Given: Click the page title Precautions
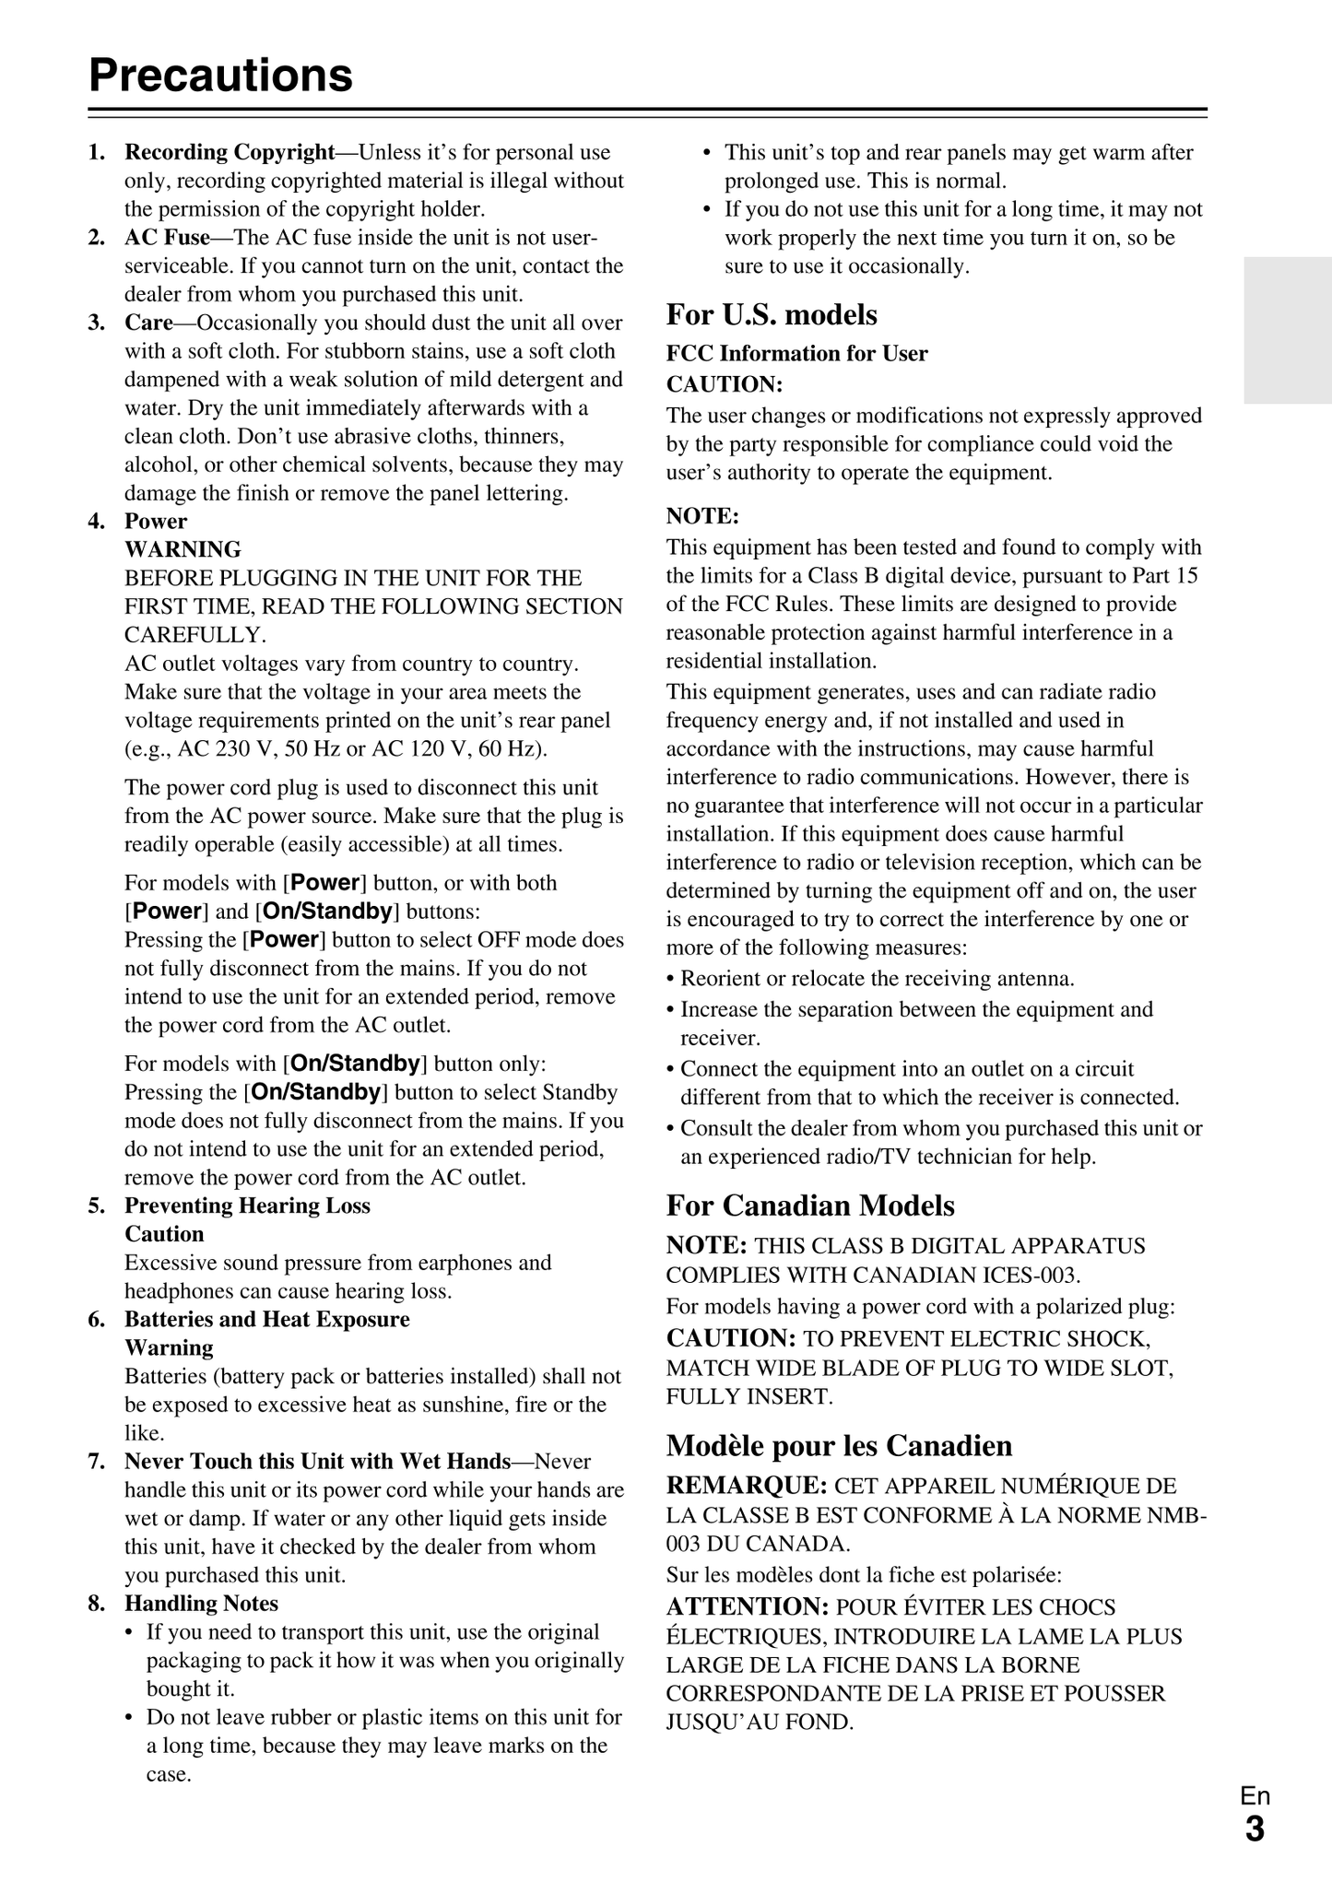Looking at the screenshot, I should click(x=221, y=75).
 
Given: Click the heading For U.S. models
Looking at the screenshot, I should click(x=772, y=314).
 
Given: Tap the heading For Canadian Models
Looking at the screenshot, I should click(x=810, y=1206).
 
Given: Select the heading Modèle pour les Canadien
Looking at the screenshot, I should click(x=839, y=1445).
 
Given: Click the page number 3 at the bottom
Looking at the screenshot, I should click(x=1255, y=1829).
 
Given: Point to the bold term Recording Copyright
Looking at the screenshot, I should click(x=230, y=152).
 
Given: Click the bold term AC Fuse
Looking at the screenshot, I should click(x=167, y=238).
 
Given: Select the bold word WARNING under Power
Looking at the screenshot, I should click(x=183, y=549).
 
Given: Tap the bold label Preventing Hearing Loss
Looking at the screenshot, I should click(x=247, y=1206).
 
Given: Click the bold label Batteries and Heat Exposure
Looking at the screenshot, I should click(x=267, y=1319).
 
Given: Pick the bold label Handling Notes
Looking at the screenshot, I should click(x=201, y=1604).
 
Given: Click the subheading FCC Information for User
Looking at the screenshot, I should click(x=796, y=353).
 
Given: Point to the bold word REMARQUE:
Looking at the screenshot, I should click(x=746, y=1486).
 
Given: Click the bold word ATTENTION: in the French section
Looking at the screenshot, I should click(x=748, y=1606).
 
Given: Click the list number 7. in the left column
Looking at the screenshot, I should click(x=96, y=1462).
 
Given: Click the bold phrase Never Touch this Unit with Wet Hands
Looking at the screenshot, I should click(x=317, y=1462).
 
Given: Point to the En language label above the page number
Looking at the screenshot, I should click(x=1255, y=1795).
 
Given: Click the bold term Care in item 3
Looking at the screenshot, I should click(x=148, y=323).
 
